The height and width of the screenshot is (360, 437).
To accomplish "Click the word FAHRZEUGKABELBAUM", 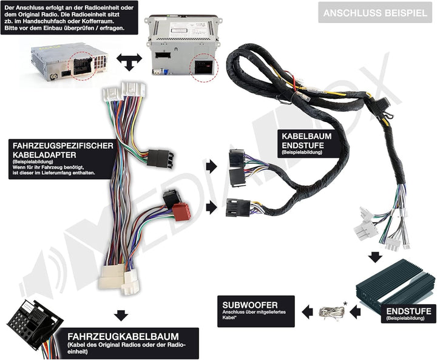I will pyautogui.click(x=123, y=336).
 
